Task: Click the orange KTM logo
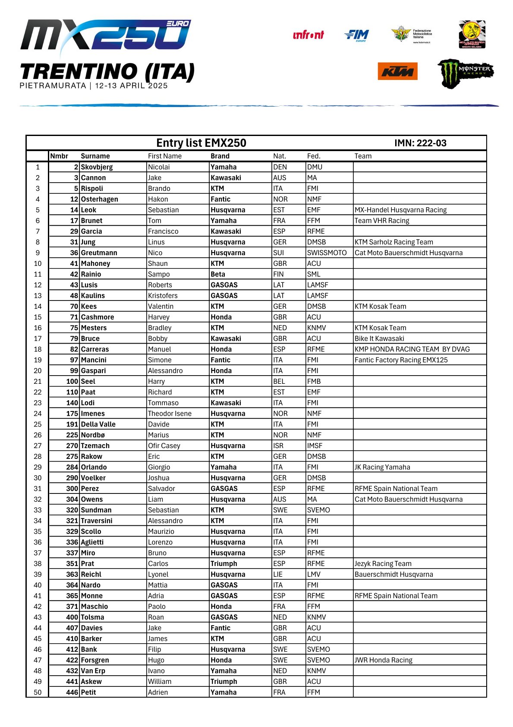click(x=397, y=71)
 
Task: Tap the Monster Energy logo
click(x=466, y=73)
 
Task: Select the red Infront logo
click(x=308, y=35)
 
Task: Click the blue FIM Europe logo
click(x=357, y=35)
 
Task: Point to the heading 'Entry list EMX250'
click(x=201, y=143)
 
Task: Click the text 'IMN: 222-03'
click(x=420, y=143)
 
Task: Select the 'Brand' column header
click(x=220, y=156)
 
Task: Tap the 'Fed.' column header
click(x=314, y=156)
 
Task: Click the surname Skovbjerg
click(x=97, y=167)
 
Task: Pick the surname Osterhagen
click(x=100, y=199)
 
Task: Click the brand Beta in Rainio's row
click(x=218, y=274)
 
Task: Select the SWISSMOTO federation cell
click(x=327, y=253)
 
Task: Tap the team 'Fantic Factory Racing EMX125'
click(x=401, y=360)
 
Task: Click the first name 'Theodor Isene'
click(x=170, y=414)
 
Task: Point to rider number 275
click(x=72, y=456)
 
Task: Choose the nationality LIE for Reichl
click(x=278, y=574)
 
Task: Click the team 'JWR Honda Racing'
click(x=384, y=660)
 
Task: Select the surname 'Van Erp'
click(x=93, y=671)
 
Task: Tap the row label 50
click(x=38, y=692)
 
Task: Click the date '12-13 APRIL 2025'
click(x=131, y=85)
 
